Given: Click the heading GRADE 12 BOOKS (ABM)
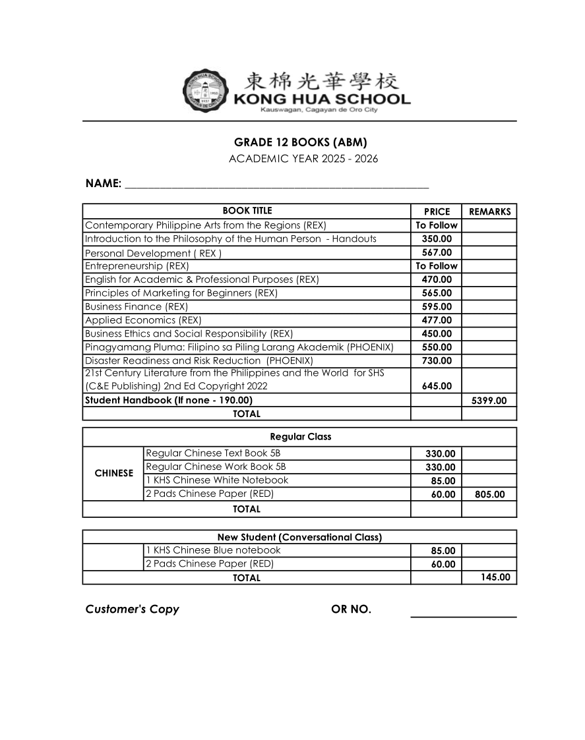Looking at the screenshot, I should point(300,142).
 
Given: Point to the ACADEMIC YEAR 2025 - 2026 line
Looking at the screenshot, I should point(303,159).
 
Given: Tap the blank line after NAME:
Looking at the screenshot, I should point(276,185).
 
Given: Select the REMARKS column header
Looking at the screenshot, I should point(489,212).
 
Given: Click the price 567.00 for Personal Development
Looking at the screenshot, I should point(437,252).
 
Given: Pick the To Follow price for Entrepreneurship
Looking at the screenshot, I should point(436,266).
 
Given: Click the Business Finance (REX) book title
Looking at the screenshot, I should point(137,306).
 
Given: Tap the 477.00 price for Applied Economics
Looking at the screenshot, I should point(437,320).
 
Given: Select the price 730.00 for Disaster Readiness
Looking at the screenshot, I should point(437,360).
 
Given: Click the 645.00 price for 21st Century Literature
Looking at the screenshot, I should point(437,386).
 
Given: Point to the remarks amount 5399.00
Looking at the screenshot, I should point(489,401).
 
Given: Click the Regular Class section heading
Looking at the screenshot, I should point(301,437).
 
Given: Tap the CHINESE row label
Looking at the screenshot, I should point(113,473).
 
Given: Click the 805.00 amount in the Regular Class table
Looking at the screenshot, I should point(489,494).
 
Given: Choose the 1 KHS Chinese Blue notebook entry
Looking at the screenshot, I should point(213,550).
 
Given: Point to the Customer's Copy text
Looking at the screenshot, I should point(132,610).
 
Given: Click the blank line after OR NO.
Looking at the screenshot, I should point(463,615).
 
